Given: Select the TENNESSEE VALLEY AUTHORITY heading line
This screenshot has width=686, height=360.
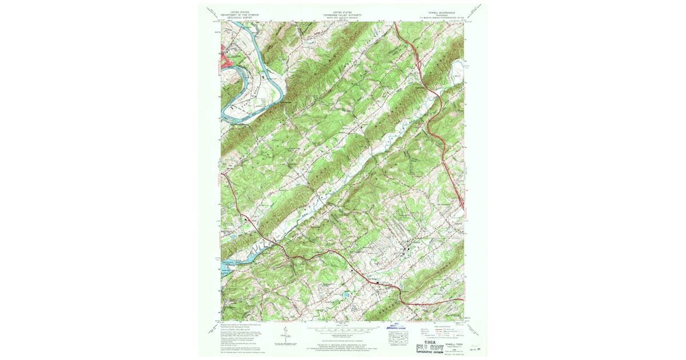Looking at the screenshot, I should pos(342,13).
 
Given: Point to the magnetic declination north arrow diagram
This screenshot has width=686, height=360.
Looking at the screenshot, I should pos(284,337).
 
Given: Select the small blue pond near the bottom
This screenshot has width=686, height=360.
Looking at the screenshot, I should pos(345,295).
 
